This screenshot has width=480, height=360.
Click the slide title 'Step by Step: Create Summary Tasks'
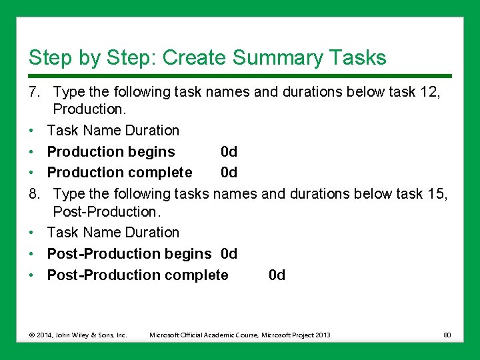pyautogui.click(x=207, y=57)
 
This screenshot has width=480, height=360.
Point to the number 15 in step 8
pyautogui.click(x=437, y=193)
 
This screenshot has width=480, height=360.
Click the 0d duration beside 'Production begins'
pyautogui.click(x=229, y=151)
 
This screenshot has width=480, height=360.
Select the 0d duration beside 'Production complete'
pyautogui.click(x=229, y=173)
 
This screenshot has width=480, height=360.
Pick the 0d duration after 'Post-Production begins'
pyautogui.click(x=229, y=254)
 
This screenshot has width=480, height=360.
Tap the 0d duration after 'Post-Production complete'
pyautogui.click(x=277, y=275)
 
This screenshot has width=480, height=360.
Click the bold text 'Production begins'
pyautogui.click(x=111, y=151)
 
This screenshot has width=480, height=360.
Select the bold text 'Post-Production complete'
pyautogui.click(x=137, y=275)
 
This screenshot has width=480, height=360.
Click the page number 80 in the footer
pyautogui.click(x=447, y=335)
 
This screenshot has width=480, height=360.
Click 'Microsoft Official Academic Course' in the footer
pyautogui.click(x=204, y=335)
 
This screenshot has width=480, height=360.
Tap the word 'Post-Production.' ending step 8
pyautogui.click(x=107, y=211)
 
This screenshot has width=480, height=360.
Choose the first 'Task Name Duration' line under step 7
pyautogui.click(x=113, y=130)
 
